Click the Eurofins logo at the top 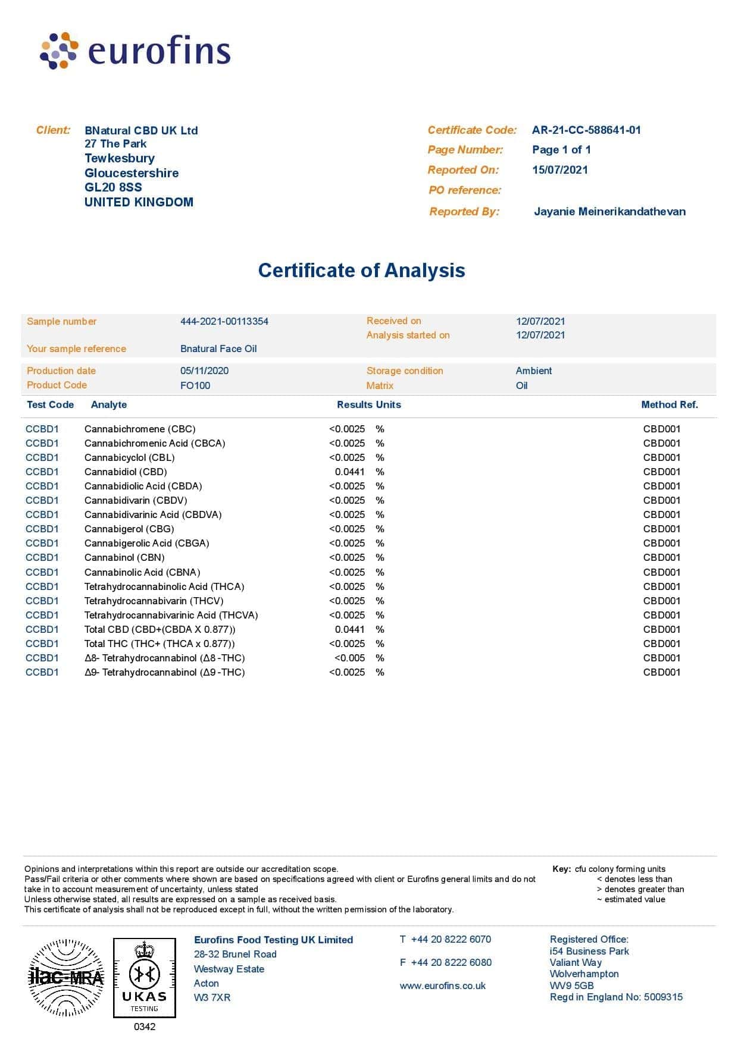click(135, 51)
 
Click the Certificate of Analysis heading click(361, 271)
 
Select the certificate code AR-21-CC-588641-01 click(586, 130)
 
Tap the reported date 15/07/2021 click(559, 170)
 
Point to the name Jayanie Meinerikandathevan click(609, 212)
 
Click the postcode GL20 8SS click(113, 187)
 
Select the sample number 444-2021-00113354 click(224, 322)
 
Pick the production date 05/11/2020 click(204, 371)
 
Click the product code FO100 click(195, 386)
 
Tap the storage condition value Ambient click(534, 371)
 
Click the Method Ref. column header click(669, 405)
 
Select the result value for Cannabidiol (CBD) click(349, 472)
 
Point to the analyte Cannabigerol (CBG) click(129, 529)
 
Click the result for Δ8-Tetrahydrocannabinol click(349, 658)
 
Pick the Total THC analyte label click(160, 644)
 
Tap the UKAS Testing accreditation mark click(145, 978)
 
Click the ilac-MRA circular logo click(66, 977)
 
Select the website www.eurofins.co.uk click(442, 986)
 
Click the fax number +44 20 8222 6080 click(451, 963)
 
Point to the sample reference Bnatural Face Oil click(218, 349)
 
